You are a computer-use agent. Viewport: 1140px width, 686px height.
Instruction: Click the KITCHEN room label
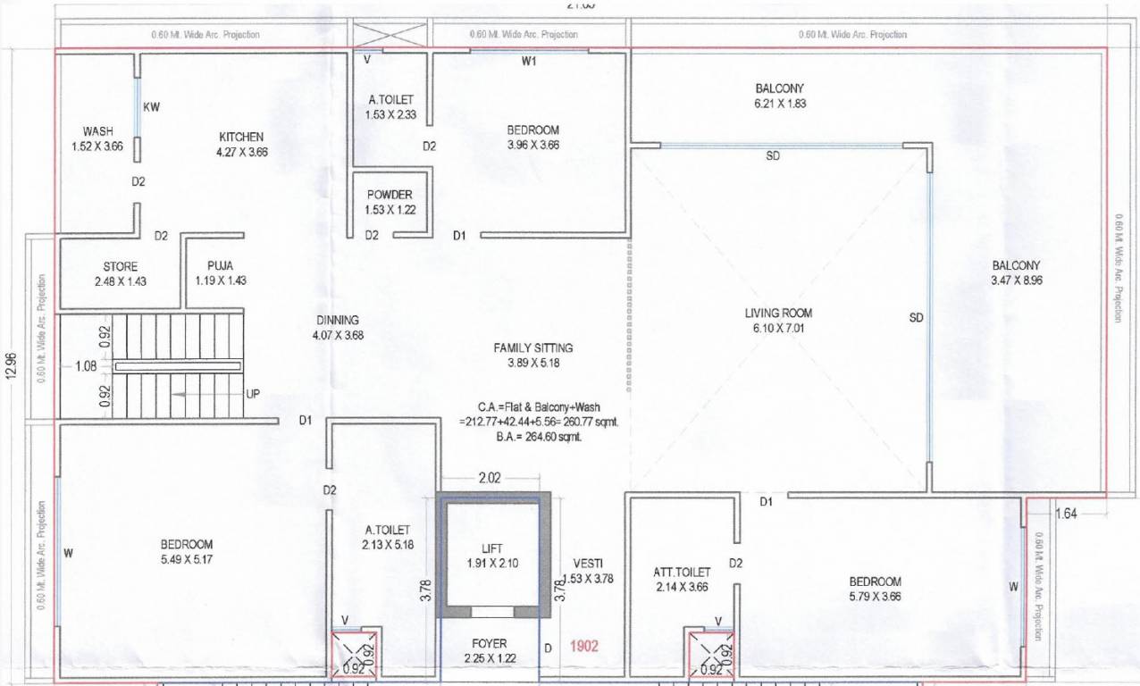(x=241, y=138)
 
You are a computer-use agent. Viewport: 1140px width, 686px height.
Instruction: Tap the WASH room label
(x=97, y=132)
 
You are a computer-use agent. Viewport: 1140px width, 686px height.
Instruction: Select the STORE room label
(x=121, y=266)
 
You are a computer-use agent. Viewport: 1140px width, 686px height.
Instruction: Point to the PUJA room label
(x=221, y=266)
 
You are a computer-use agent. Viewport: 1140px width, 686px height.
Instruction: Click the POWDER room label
(x=390, y=196)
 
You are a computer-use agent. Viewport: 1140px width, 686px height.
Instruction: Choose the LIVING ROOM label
(x=778, y=314)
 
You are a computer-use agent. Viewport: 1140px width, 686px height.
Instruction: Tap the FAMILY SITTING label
(x=533, y=347)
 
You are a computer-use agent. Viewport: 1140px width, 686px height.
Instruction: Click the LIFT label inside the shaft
(x=491, y=548)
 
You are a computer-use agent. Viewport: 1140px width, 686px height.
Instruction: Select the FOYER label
(x=489, y=643)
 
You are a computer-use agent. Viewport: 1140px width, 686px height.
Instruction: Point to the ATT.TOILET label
(x=682, y=572)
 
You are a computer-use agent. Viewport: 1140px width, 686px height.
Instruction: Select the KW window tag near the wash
(x=152, y=107)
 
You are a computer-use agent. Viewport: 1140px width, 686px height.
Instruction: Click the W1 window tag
(x=530, y=62)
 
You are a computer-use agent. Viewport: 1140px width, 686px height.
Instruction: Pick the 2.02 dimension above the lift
(x=490, y=479)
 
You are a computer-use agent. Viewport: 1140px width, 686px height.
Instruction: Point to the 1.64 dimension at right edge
(x=1067, y=513)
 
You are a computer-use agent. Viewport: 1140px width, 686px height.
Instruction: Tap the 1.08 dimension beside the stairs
(x=86, y=365)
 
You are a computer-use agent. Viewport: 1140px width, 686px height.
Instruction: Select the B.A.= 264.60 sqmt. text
(x=527, y=437)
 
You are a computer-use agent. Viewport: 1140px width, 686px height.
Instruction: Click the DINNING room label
(x=337, y=321)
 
